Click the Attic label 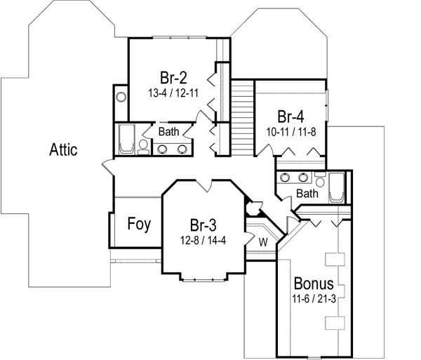pyautogui.click(x=63, y=149)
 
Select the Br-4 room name pyautogui.click(x=291, y=116)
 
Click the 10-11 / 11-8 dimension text pyautogui.click(x=291, y=131)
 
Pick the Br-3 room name pyautogui.click(x=203, y=225)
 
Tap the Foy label pyautogui.click(x=137, y=225)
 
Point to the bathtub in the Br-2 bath pyautogui.click(x=126, y=140)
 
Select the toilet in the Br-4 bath pyautogui.click(x=319, y=177)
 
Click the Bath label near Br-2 pyautogui.click(x=168, y=131)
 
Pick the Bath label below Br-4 pyautogui.click(x=307, y=193)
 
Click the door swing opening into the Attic pyautogui.click(x=107, y=168)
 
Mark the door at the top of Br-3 pyautogui.click(x=203, y=184)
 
